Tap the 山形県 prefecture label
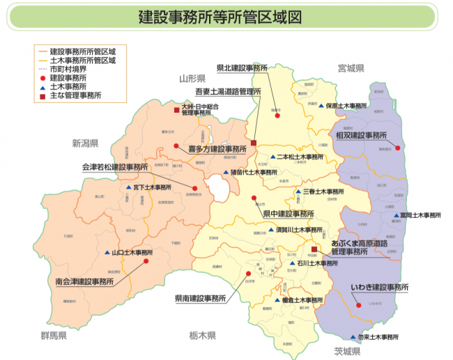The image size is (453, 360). point(191,78)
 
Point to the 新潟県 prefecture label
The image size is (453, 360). point(85,143)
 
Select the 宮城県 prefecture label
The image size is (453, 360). point(351,69)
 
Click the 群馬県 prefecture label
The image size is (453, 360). point(53,336)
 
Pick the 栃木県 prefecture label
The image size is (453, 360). point(203,336)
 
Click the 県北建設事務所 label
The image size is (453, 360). point(242,68)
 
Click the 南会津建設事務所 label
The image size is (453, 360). point(84,282)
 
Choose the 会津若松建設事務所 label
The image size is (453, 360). point(115,168)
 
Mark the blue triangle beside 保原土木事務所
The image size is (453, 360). point(321,106)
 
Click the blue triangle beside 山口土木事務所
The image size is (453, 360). point(107,253)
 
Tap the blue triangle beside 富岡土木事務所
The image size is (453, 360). point(395,215)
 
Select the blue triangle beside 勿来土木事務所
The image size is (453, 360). point(353,337)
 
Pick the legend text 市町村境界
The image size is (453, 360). point(67,70)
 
